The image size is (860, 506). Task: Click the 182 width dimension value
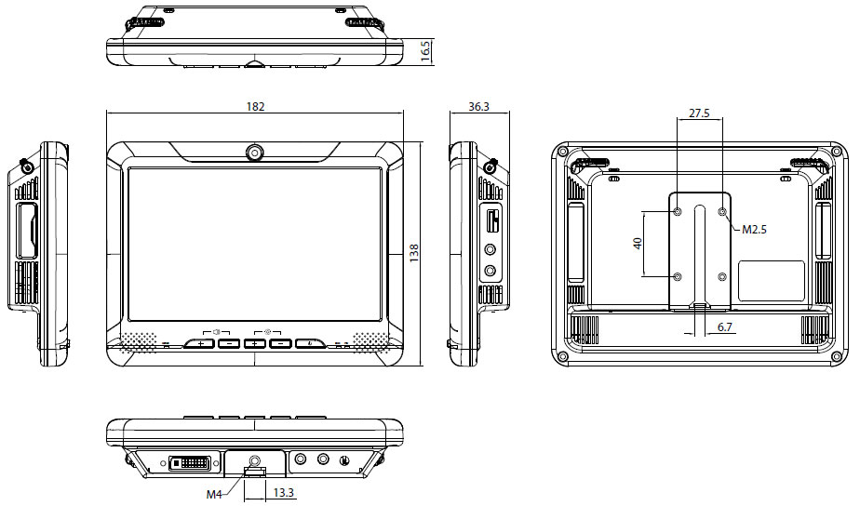255,107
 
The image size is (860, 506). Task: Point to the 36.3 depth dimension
479,107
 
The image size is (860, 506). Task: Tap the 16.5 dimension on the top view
425,49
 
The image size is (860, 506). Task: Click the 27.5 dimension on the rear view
699,113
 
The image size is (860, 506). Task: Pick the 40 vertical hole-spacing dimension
638,243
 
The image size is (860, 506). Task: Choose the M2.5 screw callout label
754,229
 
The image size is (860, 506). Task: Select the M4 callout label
214,494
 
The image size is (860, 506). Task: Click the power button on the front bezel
310,344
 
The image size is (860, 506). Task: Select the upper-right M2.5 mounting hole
723,212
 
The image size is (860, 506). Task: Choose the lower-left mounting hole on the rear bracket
677,277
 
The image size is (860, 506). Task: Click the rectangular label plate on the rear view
771,280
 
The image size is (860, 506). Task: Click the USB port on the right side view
491,222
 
